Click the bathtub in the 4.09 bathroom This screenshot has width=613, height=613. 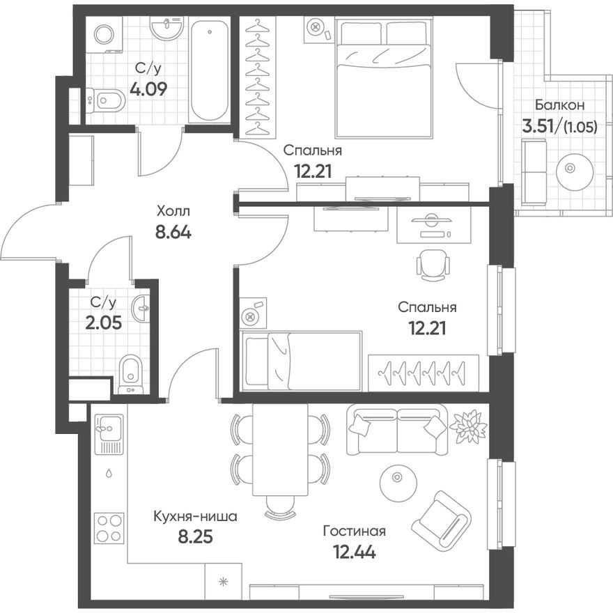tap(210, 70)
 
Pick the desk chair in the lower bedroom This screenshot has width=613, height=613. tap(431, 264)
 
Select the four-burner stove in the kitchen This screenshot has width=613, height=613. tap(109, 528)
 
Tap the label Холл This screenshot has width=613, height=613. tap(172, 210)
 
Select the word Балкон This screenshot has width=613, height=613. tap(559, 105)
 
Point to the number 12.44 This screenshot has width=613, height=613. tap(353, 554)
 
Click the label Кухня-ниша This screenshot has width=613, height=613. tap(196, 517)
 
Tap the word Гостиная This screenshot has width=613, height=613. tap(354, 531)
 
